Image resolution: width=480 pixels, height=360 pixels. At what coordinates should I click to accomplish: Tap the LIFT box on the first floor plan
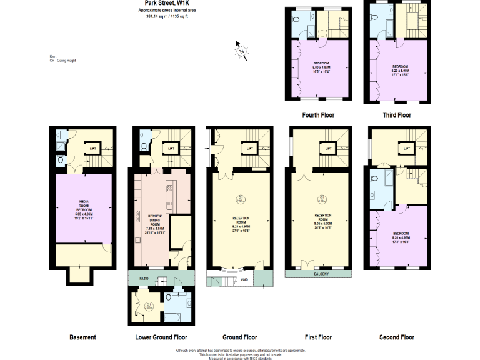point(327,148)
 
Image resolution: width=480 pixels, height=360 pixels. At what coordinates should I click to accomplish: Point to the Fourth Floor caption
point(317,116)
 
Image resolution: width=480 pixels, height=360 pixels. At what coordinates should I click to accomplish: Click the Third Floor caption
point(396,116)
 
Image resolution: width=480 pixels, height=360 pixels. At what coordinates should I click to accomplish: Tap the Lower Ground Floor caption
point(161,337)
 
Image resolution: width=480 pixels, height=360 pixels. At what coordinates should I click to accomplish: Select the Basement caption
point(83,337)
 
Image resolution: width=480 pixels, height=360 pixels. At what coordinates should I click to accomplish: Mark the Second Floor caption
point(396,337)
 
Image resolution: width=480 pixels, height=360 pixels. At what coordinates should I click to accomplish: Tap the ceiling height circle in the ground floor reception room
point(240,199)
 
